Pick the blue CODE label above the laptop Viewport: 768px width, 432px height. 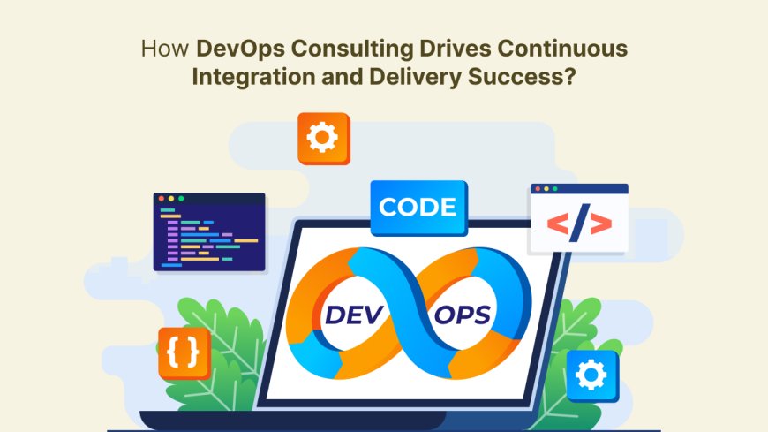click(418, 208)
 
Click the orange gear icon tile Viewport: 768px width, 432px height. click(323, 139)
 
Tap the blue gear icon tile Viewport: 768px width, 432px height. click(592, 375)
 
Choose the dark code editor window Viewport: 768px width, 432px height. click(209, 232)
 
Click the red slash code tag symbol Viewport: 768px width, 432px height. click(578, 226)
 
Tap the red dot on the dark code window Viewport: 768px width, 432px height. click(162, 199)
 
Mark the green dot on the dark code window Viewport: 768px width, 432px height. click(181, 199)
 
